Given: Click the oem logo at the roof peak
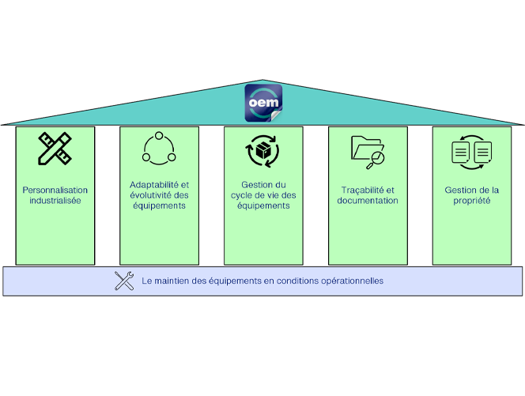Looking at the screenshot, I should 262,103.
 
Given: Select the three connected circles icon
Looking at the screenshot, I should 159,148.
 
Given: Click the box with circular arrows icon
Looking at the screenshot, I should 263,150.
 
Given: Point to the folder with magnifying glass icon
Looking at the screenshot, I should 367,150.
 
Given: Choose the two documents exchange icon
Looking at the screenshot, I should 471,150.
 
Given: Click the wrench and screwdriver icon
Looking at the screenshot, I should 124,281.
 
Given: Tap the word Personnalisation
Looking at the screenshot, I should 55,190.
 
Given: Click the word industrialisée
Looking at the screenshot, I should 55,200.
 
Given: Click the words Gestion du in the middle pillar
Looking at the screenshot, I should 263,185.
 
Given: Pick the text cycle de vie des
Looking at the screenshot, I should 263,195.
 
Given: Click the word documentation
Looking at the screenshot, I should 368,200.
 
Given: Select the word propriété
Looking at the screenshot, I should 471,200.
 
